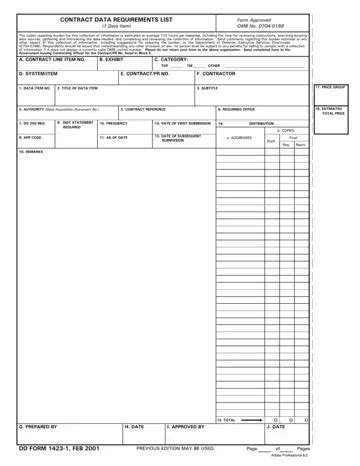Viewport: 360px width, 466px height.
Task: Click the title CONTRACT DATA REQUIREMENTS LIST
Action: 111,19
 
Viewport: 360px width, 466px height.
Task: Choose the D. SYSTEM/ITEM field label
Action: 39,74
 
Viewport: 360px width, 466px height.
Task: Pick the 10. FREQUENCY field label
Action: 113,123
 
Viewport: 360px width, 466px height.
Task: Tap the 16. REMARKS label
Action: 34,153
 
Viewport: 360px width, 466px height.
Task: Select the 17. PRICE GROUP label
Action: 330,87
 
